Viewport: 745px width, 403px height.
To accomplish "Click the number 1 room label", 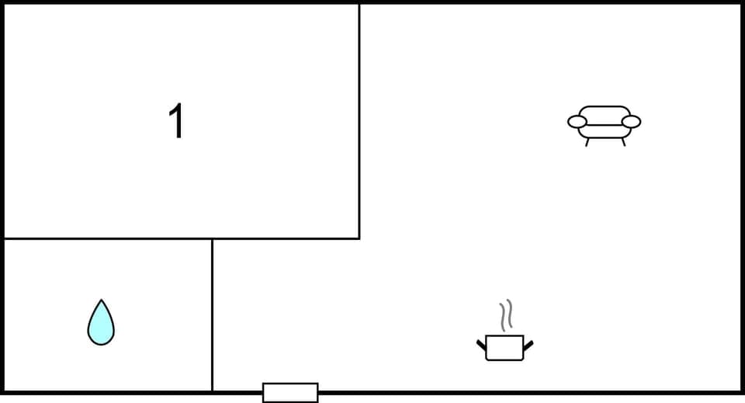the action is click(178, 122).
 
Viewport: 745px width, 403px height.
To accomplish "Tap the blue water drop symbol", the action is click(101, 325).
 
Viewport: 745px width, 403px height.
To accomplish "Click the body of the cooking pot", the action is click(504, 348).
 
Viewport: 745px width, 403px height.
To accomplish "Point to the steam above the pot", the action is click(506, 315).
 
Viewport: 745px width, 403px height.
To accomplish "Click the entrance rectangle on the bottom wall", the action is click(290, 392).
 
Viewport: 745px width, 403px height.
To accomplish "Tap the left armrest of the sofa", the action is click(577, 121).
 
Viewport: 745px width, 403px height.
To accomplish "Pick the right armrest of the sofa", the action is click(632, 121).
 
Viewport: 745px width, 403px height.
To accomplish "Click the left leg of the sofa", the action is click(587, 142).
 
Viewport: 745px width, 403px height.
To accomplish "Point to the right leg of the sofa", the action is click(622, 142).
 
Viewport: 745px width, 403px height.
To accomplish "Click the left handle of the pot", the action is click(481, 343).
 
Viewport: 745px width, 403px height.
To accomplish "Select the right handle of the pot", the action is click(528, 343).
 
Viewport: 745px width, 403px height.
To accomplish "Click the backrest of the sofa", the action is click(604, 112).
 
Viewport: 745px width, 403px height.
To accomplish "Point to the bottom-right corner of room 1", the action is click(359, 238).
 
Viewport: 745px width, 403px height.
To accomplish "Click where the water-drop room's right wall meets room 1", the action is click(212, 238).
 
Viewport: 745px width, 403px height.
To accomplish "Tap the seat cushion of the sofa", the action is click(604, 131).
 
